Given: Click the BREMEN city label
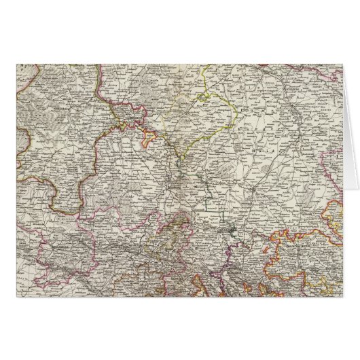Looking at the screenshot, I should click(x=132, y=118).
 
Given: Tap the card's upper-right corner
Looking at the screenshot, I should click(x=343, y=63).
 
